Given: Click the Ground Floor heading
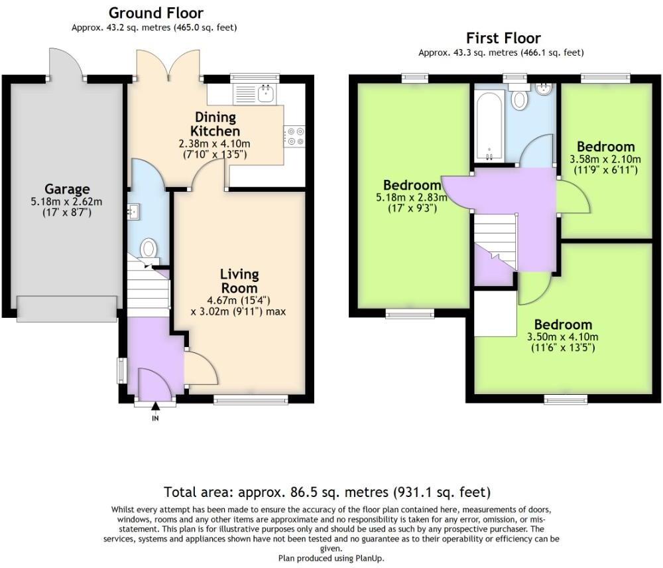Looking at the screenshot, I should [x=156, y=13].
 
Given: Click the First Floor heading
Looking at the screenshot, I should [x=503, y=38].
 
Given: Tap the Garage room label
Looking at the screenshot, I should [x=67, y=189].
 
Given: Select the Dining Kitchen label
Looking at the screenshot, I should [x=215, y=124].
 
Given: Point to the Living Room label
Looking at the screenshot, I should [x=239, y=281].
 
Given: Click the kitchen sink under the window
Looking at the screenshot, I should [x=254, y=94].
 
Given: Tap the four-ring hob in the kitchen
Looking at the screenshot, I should [x=294, y=136].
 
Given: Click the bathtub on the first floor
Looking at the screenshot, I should [x=489, y=126].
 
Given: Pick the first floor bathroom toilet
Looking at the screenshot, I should [x=519, y=100].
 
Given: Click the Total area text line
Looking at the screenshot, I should [x=327, y=492].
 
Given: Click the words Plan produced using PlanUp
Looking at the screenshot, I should [x=331, y=558].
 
